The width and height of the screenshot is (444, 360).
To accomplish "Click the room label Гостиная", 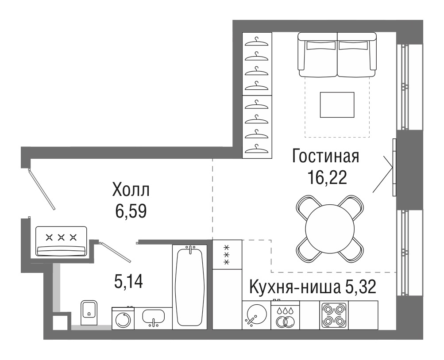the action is tap(325, 156).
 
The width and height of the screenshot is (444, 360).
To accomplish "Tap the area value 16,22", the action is tap(327, 178).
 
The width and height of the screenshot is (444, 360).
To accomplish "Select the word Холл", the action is tap(131, 190).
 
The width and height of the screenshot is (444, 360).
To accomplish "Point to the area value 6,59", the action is tap(131, 211).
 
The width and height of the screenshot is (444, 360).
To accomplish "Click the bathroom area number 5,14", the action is tap(128, 281).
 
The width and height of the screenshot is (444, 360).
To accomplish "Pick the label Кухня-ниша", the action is tap(295, 287).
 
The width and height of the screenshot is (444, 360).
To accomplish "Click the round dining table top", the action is tap(330, 229).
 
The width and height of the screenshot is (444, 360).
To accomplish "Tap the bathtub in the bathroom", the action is tap(190, 286).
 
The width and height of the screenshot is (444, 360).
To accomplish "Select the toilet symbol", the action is tap(89, 312).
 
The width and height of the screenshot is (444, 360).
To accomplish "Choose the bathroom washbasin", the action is tap(153, 317).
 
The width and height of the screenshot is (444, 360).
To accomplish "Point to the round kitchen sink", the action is tap(257, 314).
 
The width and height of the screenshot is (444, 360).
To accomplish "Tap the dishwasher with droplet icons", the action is tap(285, 315).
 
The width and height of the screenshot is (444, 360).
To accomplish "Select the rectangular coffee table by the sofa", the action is tap(337, 105).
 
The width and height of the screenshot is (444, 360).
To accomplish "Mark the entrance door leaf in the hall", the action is tap(42, 189).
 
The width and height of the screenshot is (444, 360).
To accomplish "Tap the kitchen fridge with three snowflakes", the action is tap(227, 254).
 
